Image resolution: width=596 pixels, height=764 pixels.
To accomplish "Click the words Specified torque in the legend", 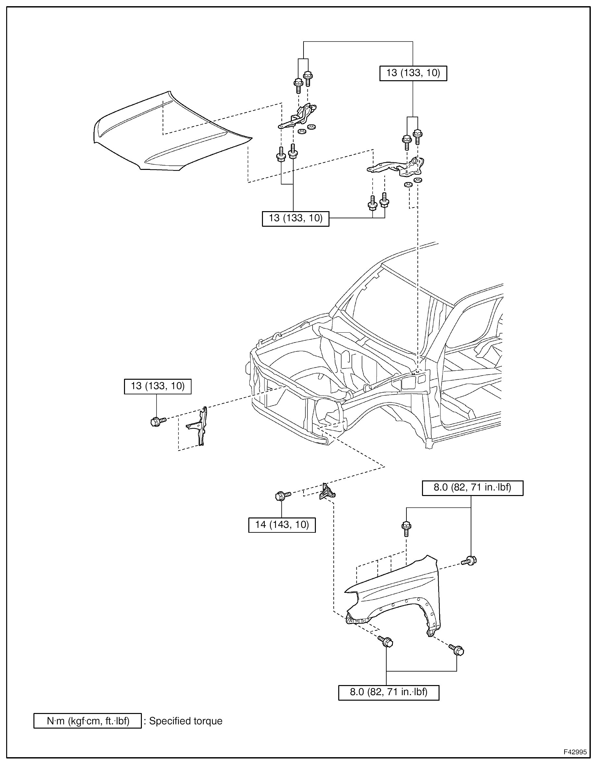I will click(186, 721).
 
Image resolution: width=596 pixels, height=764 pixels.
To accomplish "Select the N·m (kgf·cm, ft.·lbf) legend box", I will click(88, 721).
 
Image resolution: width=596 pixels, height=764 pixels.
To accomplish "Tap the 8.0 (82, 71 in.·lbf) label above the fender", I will click(472, 488).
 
